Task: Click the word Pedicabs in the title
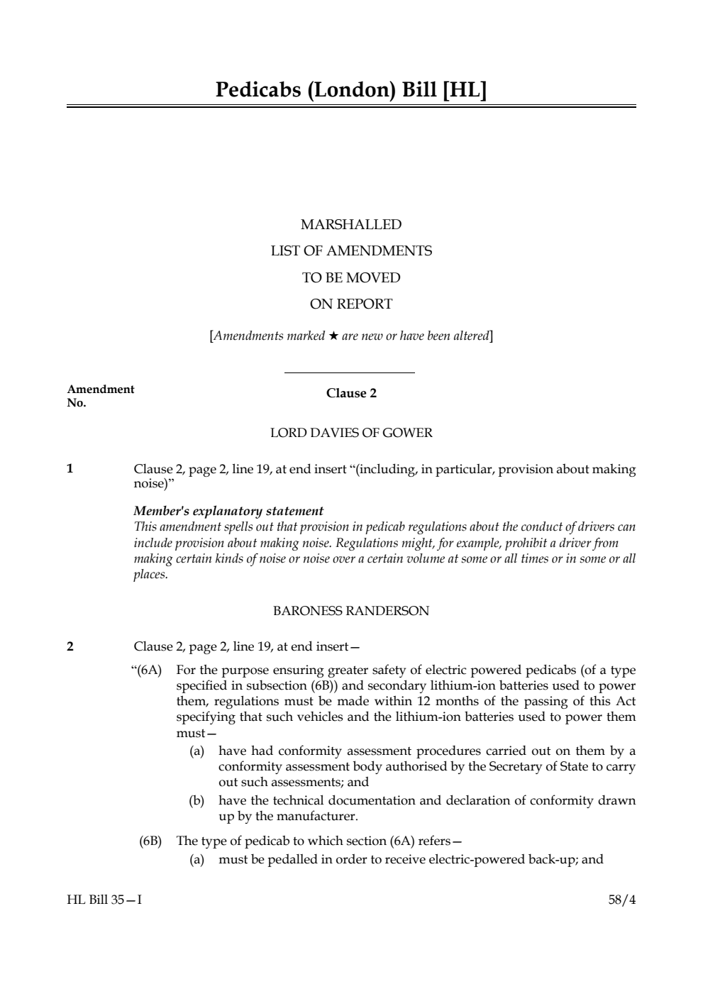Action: pyautogui.click(x=258, y=90)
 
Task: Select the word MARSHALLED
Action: pyautogui.click(x=351, y=225)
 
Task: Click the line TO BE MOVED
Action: pyautogui.click(x=351, y=277)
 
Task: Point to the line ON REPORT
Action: pyautogui.click(x=351, y=304)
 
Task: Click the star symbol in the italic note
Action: pyautogui.click(x=333, y=336)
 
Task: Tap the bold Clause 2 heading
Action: pyautogui.click(x=351, y=394)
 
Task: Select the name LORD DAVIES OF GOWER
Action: pyautogui.click(x=351, y=433)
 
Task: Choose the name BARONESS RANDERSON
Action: pyautogui.click(x=351, y=611)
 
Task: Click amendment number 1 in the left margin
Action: pyautogui.click(x=70, y=468)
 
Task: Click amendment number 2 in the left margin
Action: pyautogui.click(x=70, y=646)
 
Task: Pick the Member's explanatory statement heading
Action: pyautogui.click(x=228, y=511)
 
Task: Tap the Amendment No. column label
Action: pyautogui.click(x=100, y=396)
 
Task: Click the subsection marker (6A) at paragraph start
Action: pyautogui.click(x=149, y=670)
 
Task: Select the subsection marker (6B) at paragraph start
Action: pyautogui.click(x=150, y=841)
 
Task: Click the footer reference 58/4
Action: pyautogui.click(x=622, y=900)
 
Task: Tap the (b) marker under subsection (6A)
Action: pyautogui.click(x=196, y=801)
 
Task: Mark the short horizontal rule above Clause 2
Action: pyautogui.click(x=349, y=372)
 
